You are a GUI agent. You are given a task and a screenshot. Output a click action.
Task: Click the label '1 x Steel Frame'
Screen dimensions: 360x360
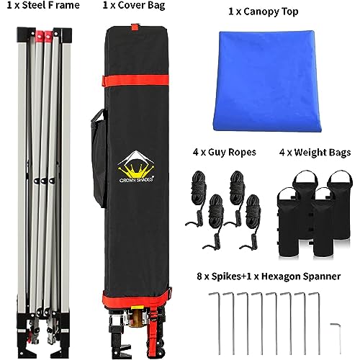click(43, 5)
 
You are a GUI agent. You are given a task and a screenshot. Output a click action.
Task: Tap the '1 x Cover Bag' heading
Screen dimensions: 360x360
click(134, 5)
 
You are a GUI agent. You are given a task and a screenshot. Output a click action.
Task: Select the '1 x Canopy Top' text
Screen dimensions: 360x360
click(264, 12)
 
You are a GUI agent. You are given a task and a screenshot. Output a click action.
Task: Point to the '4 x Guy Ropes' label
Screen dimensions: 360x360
click(225, 152)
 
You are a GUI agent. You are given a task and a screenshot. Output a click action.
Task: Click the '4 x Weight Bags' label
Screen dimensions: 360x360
click(315, 153)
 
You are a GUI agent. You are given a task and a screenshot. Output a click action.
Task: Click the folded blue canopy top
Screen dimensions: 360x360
click(267, 81)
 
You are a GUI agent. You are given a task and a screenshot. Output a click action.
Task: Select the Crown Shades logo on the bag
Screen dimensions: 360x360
click(136, 167)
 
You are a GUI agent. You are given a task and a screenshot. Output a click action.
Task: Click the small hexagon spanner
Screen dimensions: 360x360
click(337, 338)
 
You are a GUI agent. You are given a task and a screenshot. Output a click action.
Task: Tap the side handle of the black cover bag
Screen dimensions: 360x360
click(99, 158)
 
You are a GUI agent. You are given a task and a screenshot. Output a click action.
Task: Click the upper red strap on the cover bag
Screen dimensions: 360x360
click(136, 81)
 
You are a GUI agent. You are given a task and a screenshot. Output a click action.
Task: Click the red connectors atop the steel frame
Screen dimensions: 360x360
click(44, 35)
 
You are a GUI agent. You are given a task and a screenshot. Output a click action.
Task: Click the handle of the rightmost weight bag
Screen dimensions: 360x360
click(340, 177)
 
